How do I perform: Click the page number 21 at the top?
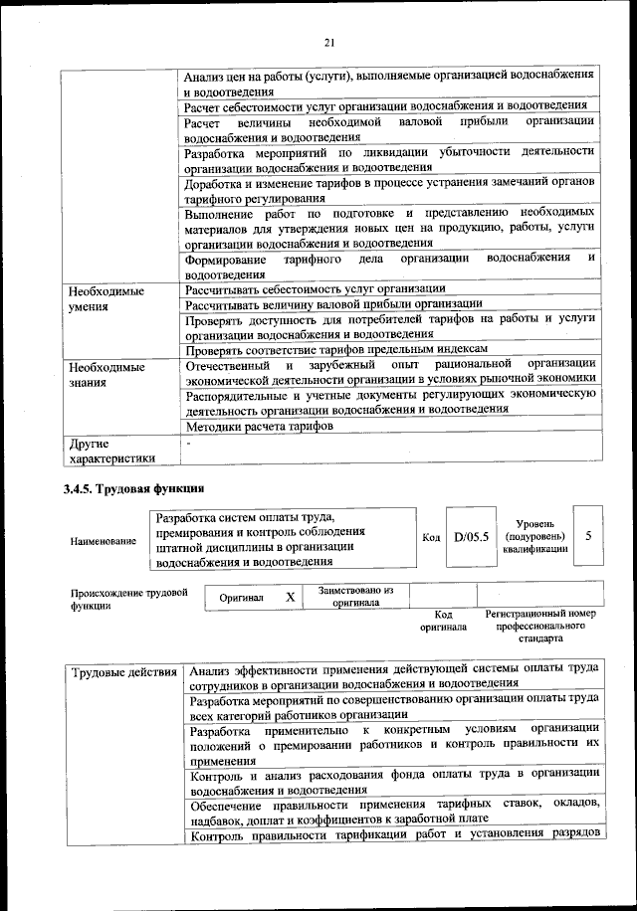329,41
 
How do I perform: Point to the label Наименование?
104,541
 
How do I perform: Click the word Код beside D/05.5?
431,538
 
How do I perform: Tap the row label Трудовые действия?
124,673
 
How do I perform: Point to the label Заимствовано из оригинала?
356,596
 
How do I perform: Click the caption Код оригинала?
443,621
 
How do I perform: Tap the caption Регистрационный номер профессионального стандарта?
539,627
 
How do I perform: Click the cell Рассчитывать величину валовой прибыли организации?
333,303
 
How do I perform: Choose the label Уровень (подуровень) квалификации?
535,536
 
